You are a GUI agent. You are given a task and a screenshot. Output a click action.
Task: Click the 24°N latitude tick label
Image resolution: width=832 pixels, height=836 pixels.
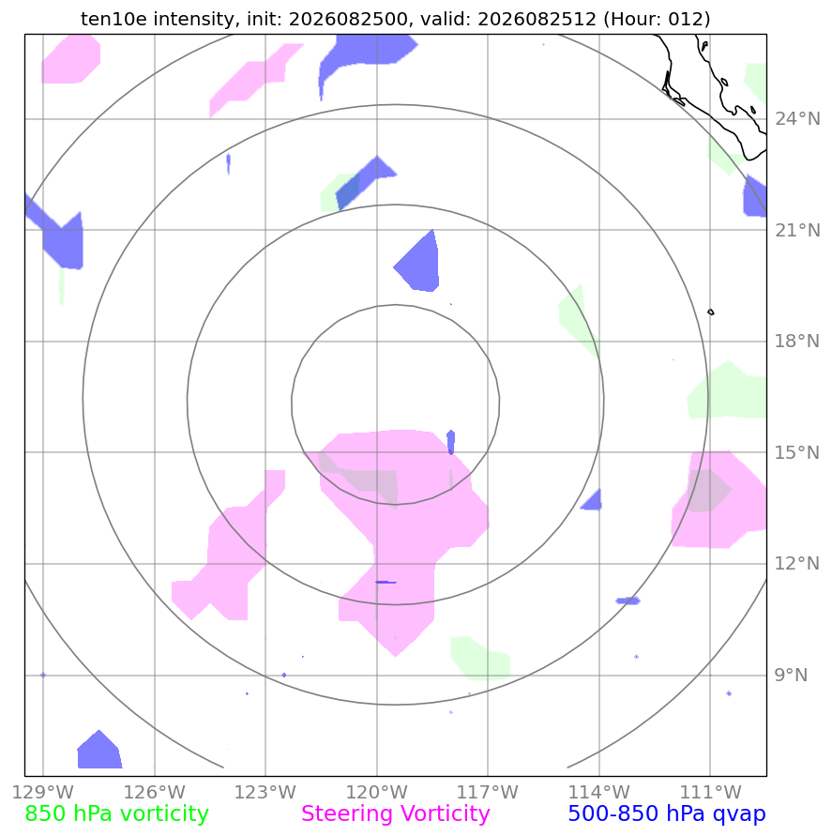point(797,119)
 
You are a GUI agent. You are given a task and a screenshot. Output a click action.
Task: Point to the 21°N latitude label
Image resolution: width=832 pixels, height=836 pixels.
point(797,230)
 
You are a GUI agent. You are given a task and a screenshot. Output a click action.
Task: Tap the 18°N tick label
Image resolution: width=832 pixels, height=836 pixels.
point(797,342)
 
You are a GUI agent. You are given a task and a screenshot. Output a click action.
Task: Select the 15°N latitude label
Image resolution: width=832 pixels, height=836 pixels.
point(797,452)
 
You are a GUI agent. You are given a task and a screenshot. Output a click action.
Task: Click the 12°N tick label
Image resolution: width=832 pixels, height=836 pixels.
point(797,564)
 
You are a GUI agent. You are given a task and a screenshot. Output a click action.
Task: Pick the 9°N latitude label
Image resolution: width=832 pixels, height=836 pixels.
point(791,675)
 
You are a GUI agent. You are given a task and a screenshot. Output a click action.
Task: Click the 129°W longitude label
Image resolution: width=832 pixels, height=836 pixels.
point(42,792)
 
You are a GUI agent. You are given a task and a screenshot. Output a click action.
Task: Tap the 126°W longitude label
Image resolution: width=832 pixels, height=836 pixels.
point(155,792)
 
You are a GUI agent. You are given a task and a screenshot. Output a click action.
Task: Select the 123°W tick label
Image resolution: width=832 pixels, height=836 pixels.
point(265,792)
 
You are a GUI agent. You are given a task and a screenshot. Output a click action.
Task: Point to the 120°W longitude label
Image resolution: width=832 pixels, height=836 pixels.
point(377,792)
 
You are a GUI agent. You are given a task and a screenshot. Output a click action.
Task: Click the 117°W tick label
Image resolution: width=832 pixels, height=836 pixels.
point(488,792)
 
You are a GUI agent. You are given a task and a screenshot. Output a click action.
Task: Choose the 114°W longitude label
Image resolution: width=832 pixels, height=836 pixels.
point(599,792)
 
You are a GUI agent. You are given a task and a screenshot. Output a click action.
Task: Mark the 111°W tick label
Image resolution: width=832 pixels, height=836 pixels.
point(710,792)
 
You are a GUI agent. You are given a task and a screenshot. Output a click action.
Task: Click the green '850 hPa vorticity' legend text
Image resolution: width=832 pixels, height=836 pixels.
point(116,813)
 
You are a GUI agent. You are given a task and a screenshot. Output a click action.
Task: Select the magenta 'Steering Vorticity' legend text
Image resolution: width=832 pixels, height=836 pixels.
point(396,813)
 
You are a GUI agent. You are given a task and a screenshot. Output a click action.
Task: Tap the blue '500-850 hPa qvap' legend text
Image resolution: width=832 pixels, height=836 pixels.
point(667,813)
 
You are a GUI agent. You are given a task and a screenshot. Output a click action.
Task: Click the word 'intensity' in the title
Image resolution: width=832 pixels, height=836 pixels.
point(194,19)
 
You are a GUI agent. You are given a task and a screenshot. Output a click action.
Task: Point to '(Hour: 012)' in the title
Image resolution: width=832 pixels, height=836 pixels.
point(657,19)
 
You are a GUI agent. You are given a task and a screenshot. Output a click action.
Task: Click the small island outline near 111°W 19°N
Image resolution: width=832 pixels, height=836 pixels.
point(710,312)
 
